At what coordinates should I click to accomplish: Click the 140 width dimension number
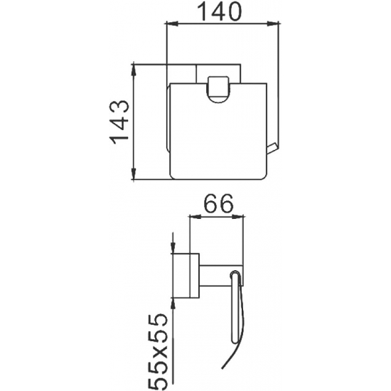point(220,11)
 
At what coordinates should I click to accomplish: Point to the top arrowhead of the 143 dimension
point(134,68)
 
